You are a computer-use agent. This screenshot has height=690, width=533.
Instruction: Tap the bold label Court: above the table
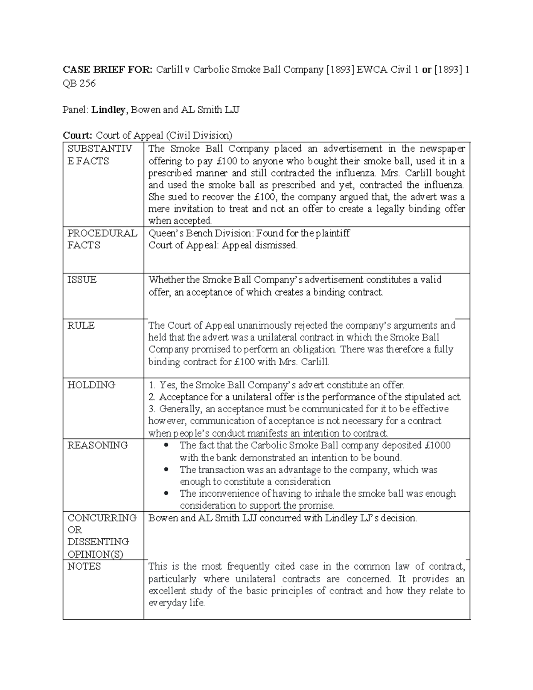pyautogui.click(x=78, y=135)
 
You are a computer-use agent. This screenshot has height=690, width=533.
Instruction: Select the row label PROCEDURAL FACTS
pyautogui.click(x=102, y=239)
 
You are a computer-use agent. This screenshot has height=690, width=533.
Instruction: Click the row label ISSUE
pyautogui.click(x=82, y=280)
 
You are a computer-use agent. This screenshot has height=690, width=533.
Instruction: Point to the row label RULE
pyautogui.click(x=81, y=326)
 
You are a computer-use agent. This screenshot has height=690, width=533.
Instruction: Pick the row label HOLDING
pyautogui.click(x=91, y=385)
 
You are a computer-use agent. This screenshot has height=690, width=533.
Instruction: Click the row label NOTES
pyautogui.click(x=84, y=566)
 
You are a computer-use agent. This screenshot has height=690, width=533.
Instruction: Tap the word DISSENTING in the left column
pyautogui.click(x=98, y=542)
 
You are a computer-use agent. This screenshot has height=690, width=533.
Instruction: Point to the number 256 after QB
pyautogui.click(x=88, y=84)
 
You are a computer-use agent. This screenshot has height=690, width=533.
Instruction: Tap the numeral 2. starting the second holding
pyautogui.click(x=152, y=397)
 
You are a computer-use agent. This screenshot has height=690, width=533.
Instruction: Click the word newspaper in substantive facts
pyautogui.click(x=442, y=149)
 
